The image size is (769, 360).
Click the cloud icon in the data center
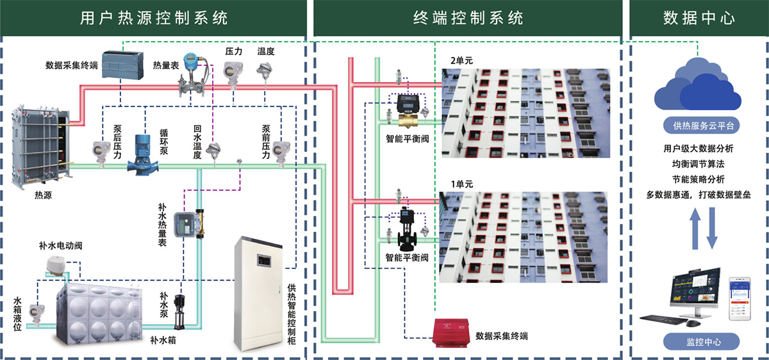point(697,85)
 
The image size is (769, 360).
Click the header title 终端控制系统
point(468,17)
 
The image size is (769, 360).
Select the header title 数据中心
point(699,17)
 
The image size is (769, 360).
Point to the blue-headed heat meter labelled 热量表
point(190,74)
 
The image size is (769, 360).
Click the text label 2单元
point(462,60)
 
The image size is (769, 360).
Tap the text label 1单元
point(462,184)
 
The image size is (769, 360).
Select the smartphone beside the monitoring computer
point(741,300)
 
